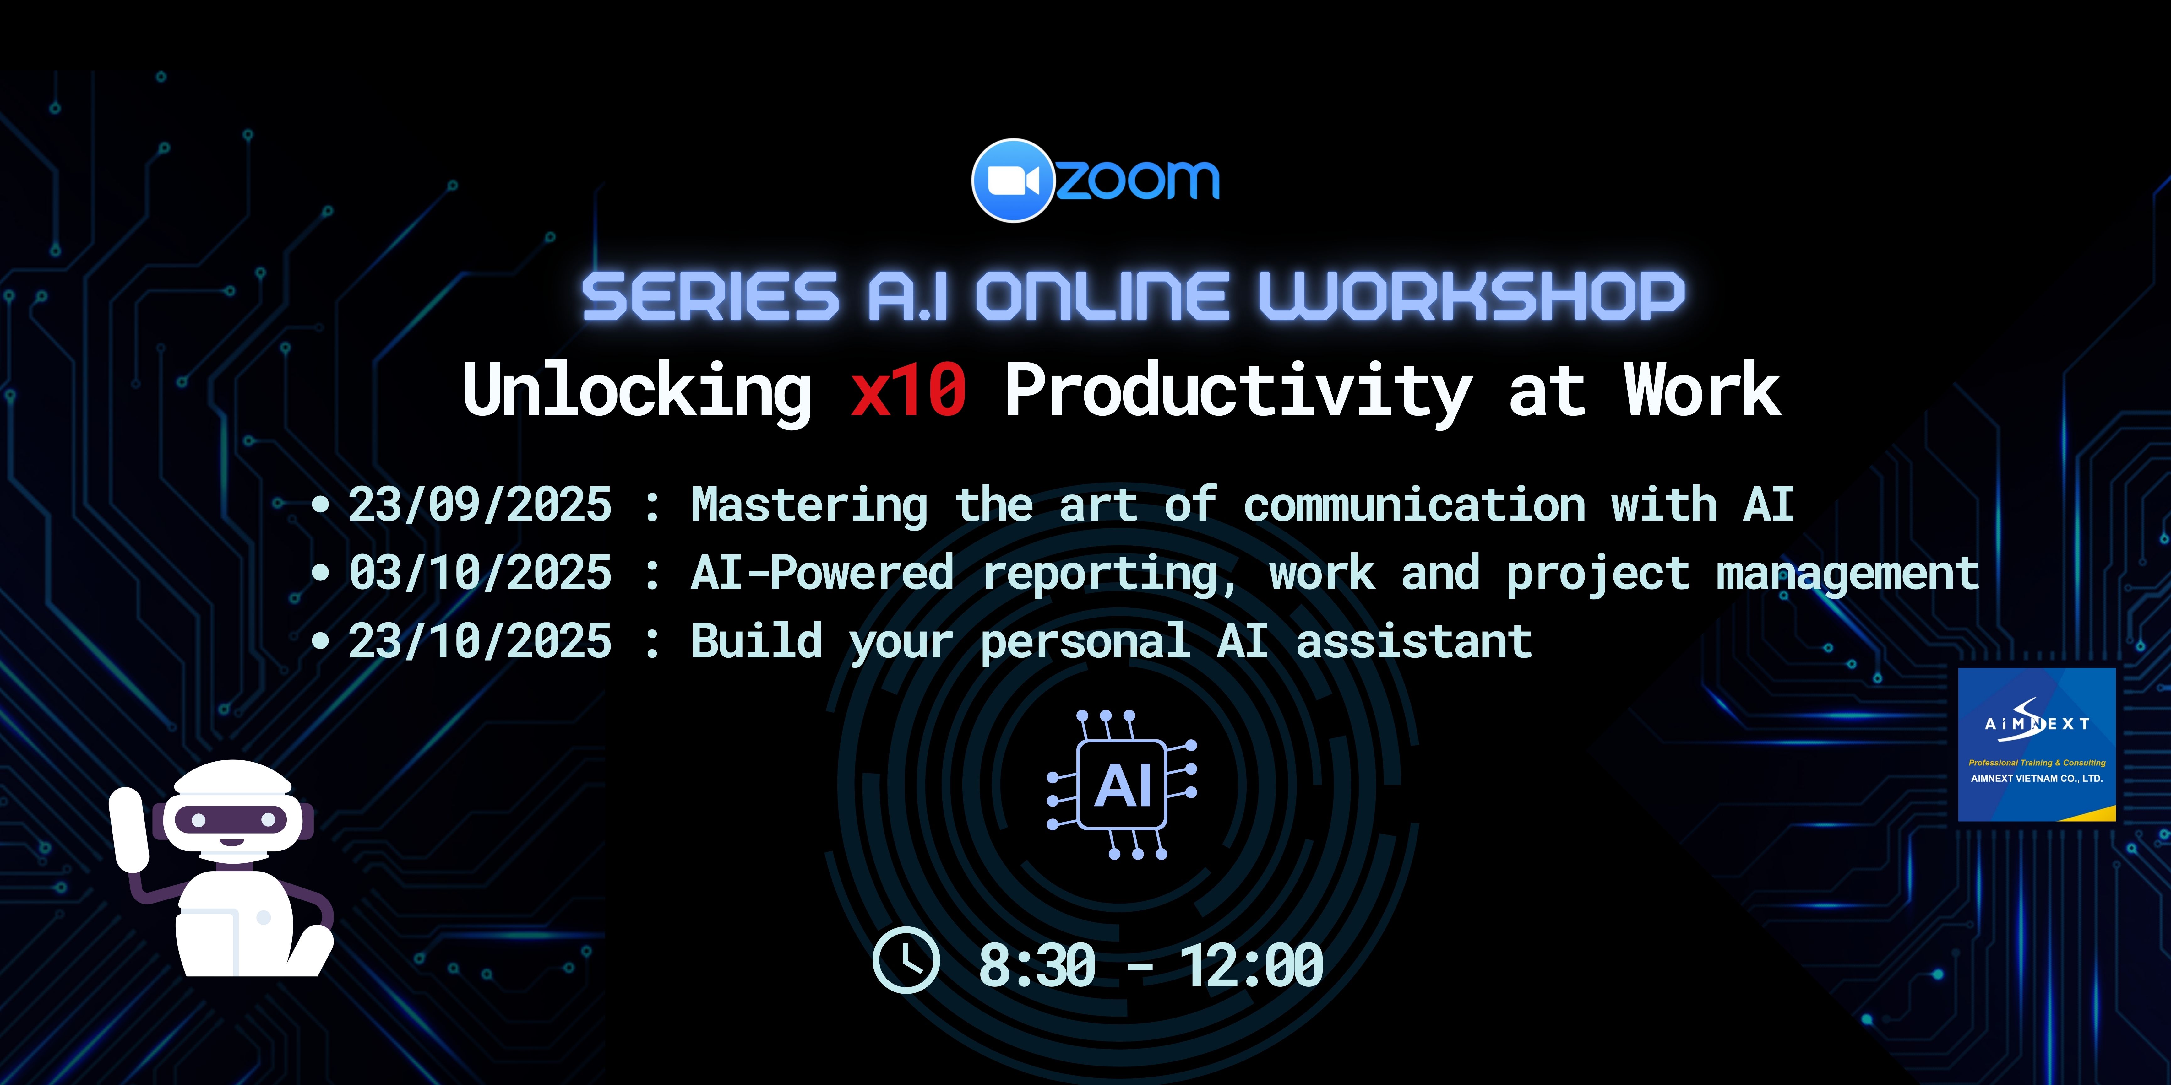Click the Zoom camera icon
pos(1013,180)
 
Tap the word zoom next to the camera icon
pos(1138,180)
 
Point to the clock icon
pos(906,960)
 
